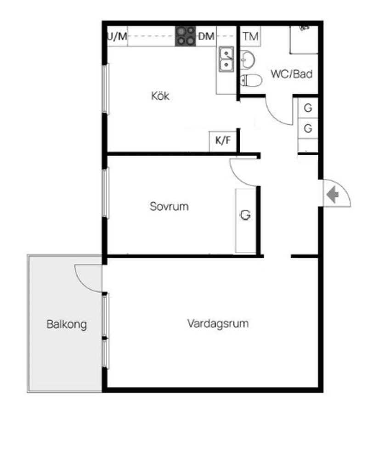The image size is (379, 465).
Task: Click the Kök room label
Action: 160,96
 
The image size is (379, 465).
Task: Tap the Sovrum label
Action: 169,206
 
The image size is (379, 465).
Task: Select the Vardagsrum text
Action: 218,323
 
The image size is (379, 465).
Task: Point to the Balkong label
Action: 67,324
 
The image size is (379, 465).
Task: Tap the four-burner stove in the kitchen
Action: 186,36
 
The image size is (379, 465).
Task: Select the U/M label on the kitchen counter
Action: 117,37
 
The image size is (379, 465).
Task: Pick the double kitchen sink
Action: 226,59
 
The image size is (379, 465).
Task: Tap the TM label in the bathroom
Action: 251,36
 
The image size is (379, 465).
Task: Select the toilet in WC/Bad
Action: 251,81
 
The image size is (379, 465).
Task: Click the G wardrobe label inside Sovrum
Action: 246,215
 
